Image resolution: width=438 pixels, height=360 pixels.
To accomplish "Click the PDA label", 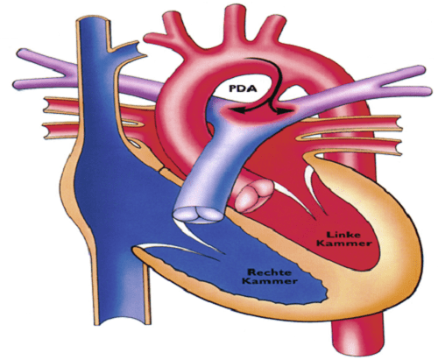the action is click(x=243, y=88).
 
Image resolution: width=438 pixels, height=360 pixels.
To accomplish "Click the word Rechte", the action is click(x=269, y=272).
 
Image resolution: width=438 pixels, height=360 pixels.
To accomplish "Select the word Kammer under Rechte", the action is click(x=270, y=281).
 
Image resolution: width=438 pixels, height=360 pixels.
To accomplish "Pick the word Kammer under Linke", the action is click(x=344, y=244).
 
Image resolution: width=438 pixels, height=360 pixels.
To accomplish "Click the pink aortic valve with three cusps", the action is click(x=253, y=195).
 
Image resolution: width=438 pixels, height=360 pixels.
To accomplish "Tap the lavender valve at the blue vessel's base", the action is click(x=198, y=215).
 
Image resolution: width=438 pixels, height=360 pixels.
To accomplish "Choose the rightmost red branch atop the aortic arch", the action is click(x=273, y=28).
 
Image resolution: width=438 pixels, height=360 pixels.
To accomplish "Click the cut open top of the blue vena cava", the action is click(x=92, y=22).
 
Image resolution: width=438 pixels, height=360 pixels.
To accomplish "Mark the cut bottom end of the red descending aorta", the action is click(x=358, y=341).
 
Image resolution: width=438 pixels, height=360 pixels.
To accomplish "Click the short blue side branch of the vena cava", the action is click(x=128, y=53).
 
